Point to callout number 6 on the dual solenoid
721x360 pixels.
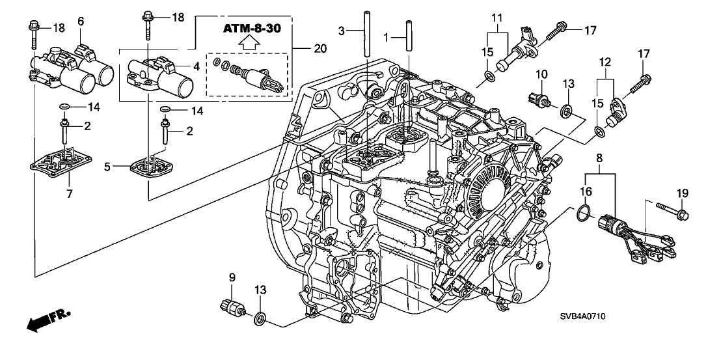(x=81, y=21)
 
